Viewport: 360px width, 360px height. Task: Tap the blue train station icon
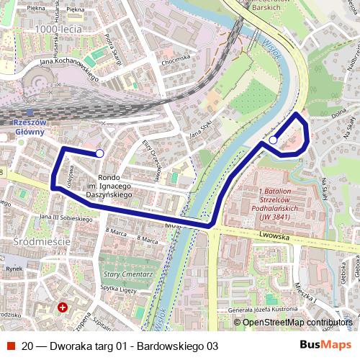[x=29, y=112]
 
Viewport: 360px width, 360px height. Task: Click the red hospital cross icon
[x=63, y=307]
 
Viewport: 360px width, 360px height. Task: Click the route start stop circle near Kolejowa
[x=99, y=153]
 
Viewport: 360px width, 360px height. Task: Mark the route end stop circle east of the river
[x=274, y=140]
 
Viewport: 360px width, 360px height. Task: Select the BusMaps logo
[x=325, y=345]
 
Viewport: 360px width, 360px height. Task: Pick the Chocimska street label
[x=176, y=57]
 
